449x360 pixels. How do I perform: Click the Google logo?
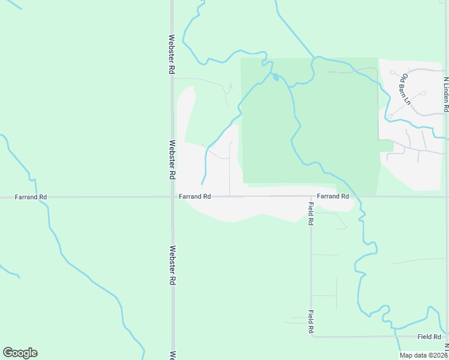20,353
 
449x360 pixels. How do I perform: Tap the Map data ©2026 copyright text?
423,355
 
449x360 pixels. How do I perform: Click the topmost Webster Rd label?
172,53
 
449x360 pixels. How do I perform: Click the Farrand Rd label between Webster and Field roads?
194,196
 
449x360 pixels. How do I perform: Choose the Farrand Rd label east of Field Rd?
333,196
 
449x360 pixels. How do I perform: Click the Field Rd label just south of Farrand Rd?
311,213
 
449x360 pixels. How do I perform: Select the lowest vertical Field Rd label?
311,322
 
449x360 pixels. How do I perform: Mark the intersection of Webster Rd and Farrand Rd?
172,196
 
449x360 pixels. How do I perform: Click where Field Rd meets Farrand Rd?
311,196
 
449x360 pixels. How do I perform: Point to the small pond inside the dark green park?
275,77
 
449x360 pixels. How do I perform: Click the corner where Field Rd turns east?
312,337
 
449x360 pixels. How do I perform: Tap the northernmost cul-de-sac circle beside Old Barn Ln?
392,73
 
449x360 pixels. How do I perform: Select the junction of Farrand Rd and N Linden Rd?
446,196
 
